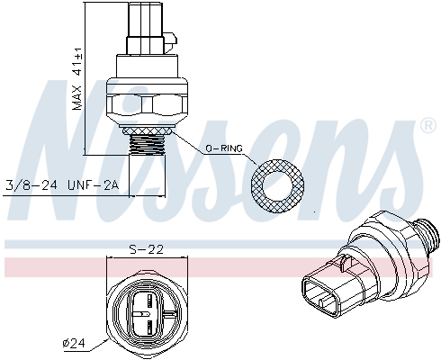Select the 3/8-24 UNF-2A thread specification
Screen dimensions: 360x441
point(62,186)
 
